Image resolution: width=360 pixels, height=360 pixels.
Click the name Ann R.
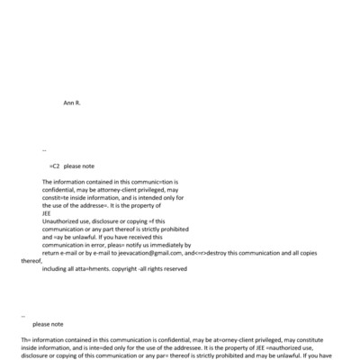pos(72,103)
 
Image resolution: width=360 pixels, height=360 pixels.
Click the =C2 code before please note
pos(55,166)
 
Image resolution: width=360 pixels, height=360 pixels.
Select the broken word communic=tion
pos(140,182)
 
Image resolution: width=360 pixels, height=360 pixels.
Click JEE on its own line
pos(47,213)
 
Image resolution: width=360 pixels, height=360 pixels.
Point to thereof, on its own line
pos(31,261)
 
